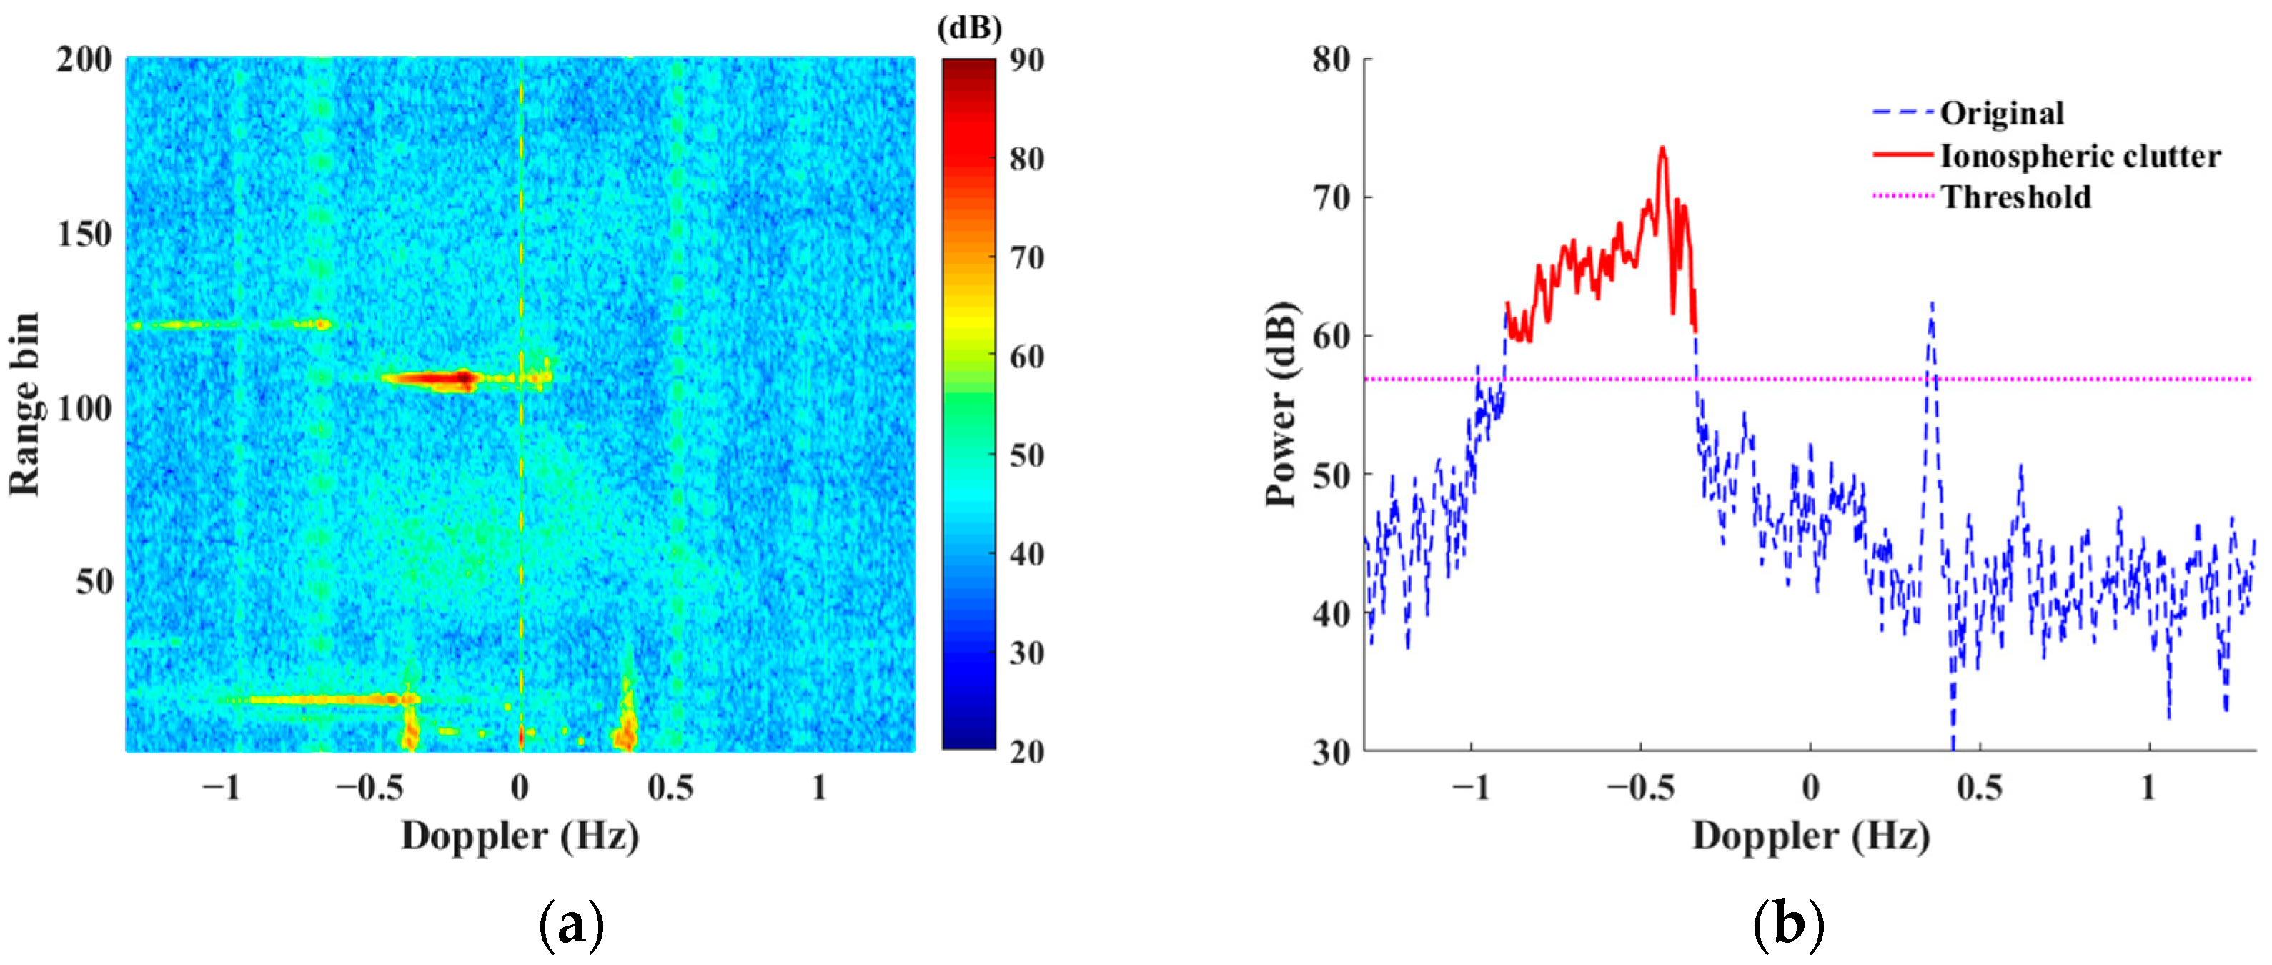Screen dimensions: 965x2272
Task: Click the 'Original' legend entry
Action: tap(2001, 114)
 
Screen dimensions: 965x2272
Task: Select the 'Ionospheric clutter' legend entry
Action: tap(2080, 156)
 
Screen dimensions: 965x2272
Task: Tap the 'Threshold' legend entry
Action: tap(2015, 197)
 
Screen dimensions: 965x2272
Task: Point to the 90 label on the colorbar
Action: tap(1026, 60)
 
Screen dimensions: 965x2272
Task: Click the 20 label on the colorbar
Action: tap(1026, 751)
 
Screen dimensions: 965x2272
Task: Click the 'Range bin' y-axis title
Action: tap(25, 404)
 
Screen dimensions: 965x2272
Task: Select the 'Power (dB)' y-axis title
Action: tap(1281, 404)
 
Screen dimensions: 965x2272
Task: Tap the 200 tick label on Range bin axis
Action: tap(84, 60)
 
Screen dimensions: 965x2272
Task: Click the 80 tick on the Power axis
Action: tap(1331, 60)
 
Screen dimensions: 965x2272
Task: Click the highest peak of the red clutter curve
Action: tap(1662, 148)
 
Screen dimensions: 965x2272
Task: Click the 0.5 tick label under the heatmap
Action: tap(670, 788)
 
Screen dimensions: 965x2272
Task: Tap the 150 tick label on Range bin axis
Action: tap(84, 234)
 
